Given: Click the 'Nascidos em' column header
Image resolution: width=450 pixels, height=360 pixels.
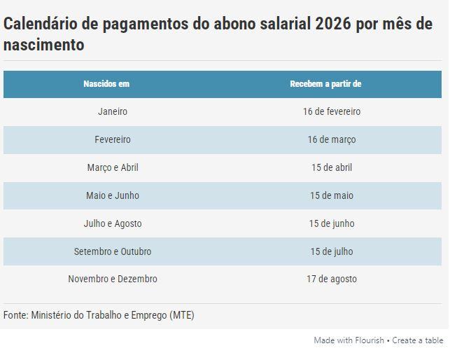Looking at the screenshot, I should (x=106, y=84).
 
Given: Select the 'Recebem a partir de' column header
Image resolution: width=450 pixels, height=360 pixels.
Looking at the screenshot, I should (x=325, y=84).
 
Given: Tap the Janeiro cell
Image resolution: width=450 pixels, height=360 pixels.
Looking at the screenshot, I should (x=113, y=111).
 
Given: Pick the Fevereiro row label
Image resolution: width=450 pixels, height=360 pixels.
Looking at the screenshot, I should (x=113, y=139).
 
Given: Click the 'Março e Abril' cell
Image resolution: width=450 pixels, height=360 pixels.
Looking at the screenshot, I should (x=113, y=167).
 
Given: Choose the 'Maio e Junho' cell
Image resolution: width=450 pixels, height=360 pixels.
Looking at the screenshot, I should (x=113, y=195).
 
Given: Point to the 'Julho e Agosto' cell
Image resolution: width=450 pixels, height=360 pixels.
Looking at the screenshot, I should (x=113, y=223).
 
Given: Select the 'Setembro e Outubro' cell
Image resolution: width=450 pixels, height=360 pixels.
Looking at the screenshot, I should (x=113, y=251).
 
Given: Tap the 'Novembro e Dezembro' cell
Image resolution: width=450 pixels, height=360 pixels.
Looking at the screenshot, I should (x=113, y=279).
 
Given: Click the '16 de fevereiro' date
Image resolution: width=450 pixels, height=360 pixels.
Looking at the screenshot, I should (x=332, y=111).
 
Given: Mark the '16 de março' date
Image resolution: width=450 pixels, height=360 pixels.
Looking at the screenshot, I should (x=332, y=139).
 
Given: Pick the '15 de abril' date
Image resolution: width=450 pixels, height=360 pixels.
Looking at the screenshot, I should (x=332, y=167).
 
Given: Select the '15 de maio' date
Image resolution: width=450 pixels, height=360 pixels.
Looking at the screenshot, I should (x=332, y=195).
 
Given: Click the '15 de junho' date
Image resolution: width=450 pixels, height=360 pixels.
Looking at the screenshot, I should (x=332, y=223).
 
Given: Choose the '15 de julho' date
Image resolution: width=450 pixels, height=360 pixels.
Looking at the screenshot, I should (x=332, y=251).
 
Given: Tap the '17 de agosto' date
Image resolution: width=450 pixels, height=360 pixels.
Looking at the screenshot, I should (x=332, y=279).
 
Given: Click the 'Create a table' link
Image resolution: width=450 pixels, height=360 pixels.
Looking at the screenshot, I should (x=418, y=340).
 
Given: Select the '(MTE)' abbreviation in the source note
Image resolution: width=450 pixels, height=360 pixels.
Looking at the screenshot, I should (x=182, y=315).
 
